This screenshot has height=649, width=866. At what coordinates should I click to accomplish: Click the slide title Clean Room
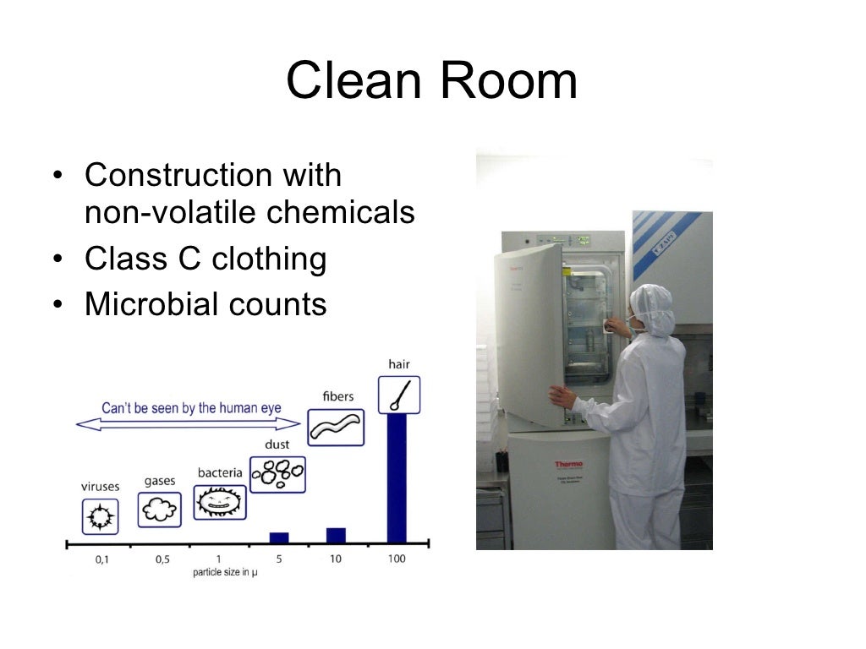point(431,81)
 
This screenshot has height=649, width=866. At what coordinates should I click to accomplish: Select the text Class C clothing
point(206,259)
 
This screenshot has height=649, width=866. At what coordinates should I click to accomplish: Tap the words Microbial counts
point(206,303)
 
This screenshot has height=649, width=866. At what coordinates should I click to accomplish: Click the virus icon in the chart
point(101,515)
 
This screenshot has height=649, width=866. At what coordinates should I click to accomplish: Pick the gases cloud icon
point(159,509)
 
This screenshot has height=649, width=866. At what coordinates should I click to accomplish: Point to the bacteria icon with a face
point(220,502)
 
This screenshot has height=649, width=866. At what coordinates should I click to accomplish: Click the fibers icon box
point(335,428)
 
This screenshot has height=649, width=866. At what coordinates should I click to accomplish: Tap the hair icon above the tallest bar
point(398,395)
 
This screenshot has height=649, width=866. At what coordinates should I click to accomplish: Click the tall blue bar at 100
point(396,477)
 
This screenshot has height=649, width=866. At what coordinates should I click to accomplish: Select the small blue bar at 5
point(278,537)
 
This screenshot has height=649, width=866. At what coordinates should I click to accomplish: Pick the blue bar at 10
point(336,534)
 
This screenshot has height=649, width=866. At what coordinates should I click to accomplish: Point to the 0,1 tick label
point(101,559)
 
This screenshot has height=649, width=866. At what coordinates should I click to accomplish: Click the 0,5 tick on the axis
point(162,559)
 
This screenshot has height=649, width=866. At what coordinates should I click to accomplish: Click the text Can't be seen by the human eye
point(191,408)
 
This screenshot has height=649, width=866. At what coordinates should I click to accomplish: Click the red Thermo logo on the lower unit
point(568,464)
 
